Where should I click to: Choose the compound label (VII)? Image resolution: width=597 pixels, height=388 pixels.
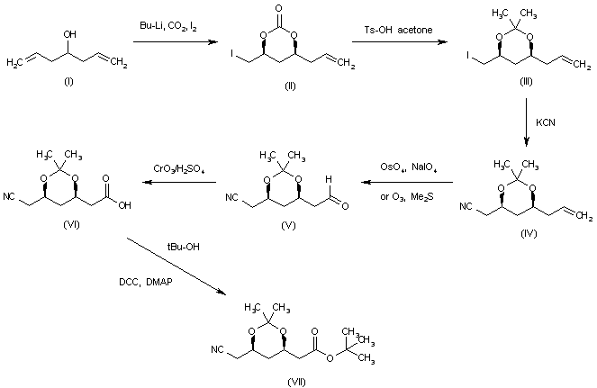(x=296, y=381)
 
